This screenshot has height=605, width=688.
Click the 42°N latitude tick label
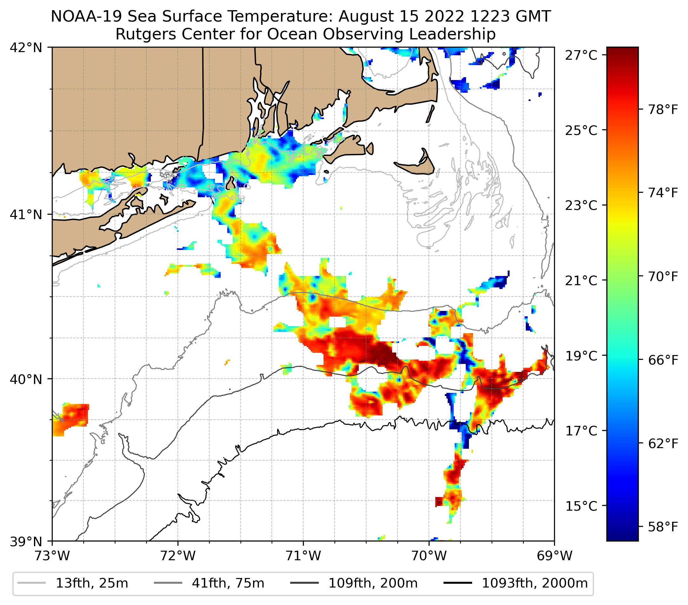coord(26,48)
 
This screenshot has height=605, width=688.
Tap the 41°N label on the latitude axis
coord(26,214)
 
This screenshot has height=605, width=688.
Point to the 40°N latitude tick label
coord(26,379)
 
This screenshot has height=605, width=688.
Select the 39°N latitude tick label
coord(26,542)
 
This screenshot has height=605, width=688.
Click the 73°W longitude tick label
coord(52,556)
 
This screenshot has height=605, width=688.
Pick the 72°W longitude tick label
coord(178,556)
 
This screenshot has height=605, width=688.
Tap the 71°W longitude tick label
coord(303,556)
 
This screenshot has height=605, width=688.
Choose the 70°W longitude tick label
coord(429,556)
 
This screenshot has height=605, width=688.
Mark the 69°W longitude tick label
coord(554,556)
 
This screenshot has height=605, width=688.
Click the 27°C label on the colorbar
coord(581,55)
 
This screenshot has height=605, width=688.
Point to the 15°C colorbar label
coord(581,506)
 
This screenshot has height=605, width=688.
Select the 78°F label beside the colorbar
coord(663,110)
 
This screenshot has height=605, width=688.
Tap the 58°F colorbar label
coord(663,527)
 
